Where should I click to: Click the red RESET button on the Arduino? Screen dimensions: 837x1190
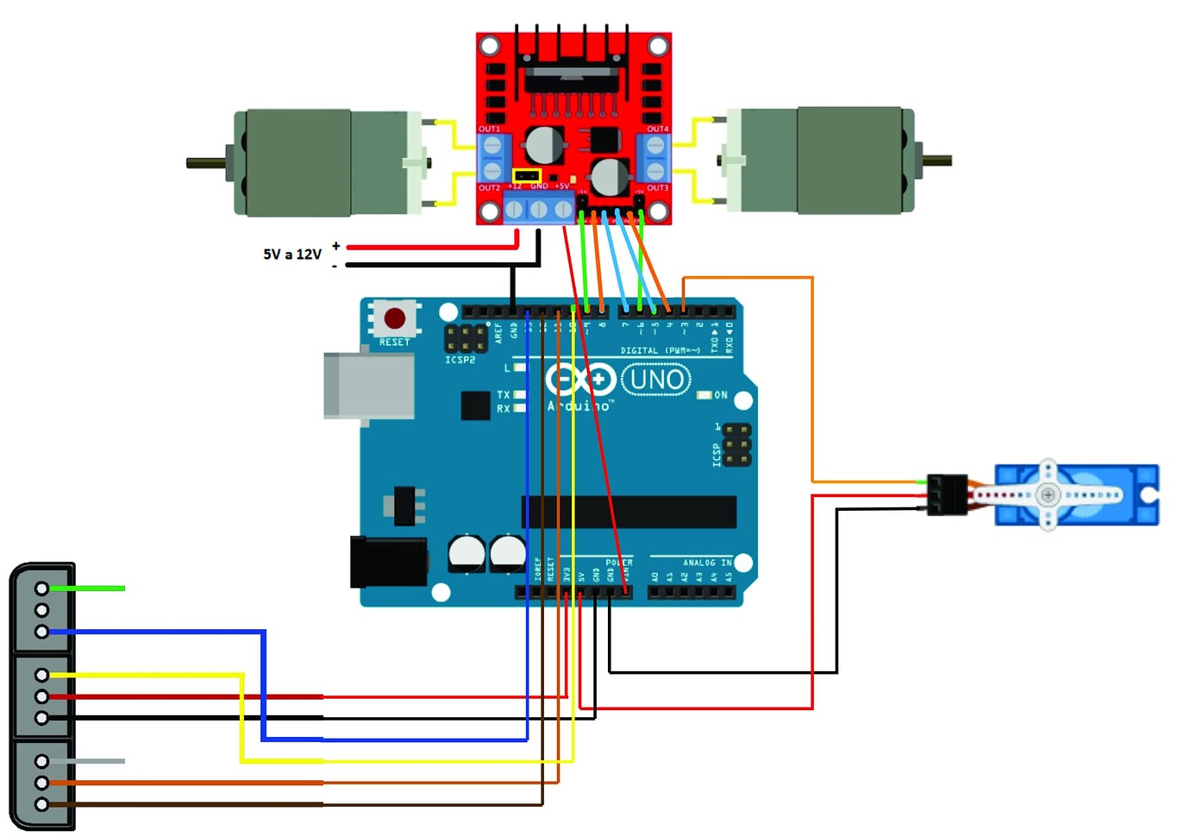(395, 318)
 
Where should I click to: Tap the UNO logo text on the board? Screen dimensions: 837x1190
(656, 380)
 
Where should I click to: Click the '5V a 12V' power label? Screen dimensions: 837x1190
(292, 255)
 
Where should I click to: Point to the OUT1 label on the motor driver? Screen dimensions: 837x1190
(489, 129)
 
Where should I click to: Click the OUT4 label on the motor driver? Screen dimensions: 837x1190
(657, 129)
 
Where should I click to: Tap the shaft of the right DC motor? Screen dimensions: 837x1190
(938, 160)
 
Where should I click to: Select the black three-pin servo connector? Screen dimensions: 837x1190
(947, 494)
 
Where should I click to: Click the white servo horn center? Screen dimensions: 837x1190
(1048, 494)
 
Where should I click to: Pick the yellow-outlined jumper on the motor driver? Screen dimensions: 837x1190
(526, 176)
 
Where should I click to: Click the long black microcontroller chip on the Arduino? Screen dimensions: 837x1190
(629, 512)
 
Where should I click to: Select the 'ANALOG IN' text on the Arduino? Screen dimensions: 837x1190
(707, 563)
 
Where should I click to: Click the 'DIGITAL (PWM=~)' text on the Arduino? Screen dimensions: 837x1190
(660, 350)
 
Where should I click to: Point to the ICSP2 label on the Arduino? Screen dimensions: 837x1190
(460, 360)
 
